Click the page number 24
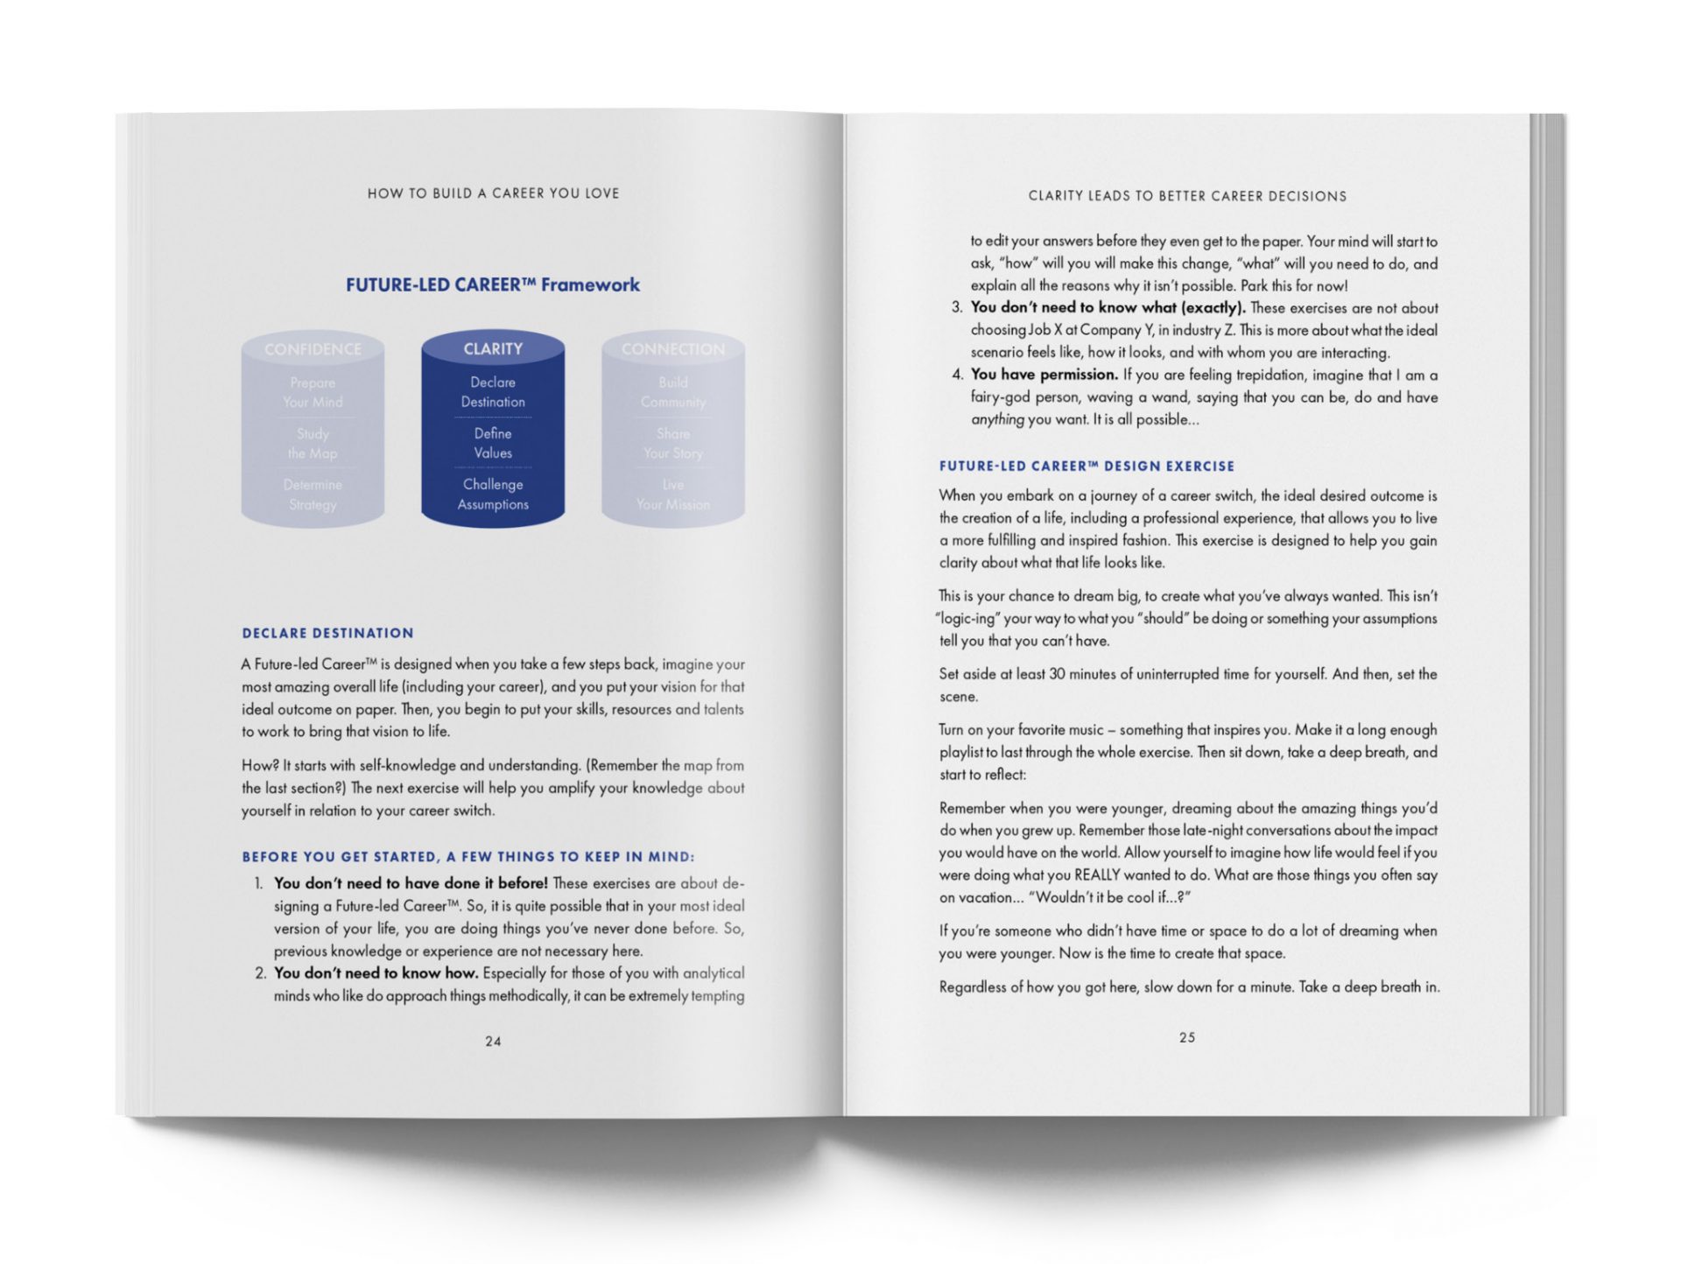pos(493,1041)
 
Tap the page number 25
pos(1186,1037)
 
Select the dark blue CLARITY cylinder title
pos(493,348)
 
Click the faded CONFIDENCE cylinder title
pos(313,349)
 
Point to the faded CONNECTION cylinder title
pos(672,349)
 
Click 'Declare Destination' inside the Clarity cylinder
pos(493,392)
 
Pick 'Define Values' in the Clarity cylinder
pos(493,443)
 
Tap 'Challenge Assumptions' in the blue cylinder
pos(493,494)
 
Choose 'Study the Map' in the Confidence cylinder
pos(313,444)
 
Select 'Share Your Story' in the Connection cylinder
pos(672,444)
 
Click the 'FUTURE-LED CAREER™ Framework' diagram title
pos(492,284)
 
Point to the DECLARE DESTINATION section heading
pos(327,633)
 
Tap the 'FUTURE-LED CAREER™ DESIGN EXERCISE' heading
pos(1087,467)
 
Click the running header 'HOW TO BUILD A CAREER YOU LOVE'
pos(493,193)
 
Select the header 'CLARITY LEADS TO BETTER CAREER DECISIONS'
pos(1187,196)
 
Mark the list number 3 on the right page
pos(956,307)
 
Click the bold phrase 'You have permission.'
pos(1044,375)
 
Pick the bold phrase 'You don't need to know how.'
pos(376,973)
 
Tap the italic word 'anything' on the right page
pos(997,419)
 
